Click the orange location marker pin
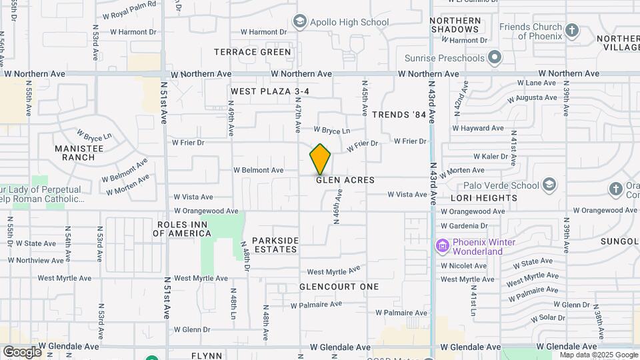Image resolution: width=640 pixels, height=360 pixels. (x=320, y=159)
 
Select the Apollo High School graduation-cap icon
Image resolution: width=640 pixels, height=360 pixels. (x=299, y=22)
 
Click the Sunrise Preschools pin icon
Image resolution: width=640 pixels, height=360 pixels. (x=494, y=58)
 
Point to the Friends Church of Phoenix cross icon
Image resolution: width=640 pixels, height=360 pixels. (x=571, y=30)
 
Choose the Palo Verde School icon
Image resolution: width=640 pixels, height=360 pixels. (x=549, y=185)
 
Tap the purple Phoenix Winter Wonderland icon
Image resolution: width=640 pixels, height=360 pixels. (x=441, y=246)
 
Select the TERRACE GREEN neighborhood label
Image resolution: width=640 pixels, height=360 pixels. (x=253, y=52)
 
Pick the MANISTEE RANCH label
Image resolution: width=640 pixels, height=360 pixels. (x=79, y=153)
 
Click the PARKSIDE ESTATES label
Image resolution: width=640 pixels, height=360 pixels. (x=275, y=245)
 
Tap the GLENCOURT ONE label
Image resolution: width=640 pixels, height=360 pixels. (x=339, y=287)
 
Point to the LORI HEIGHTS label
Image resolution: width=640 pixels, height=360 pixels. (x=483, y=198)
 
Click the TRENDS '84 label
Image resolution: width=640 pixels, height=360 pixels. (x=399, y=115)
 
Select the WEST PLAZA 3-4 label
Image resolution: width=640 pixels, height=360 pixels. (x=270, y=91)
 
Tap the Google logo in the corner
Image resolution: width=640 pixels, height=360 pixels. (x=22, y=351)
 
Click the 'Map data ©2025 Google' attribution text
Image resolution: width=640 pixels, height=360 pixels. (x=599, y=355)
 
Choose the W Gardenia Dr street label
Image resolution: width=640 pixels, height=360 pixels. (x=468, y=226)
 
